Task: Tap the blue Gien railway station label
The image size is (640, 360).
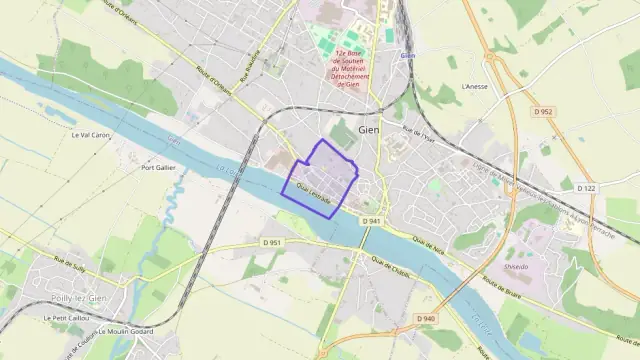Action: tap(406, 56)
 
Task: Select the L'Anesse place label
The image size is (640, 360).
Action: tap(474, 86)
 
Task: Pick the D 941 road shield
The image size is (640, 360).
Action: tap(372, 220)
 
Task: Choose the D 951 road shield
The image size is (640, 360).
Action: tap(271, 242)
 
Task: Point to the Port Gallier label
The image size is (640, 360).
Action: tap(158, 167)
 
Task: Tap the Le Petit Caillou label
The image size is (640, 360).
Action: tap(62, 318)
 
